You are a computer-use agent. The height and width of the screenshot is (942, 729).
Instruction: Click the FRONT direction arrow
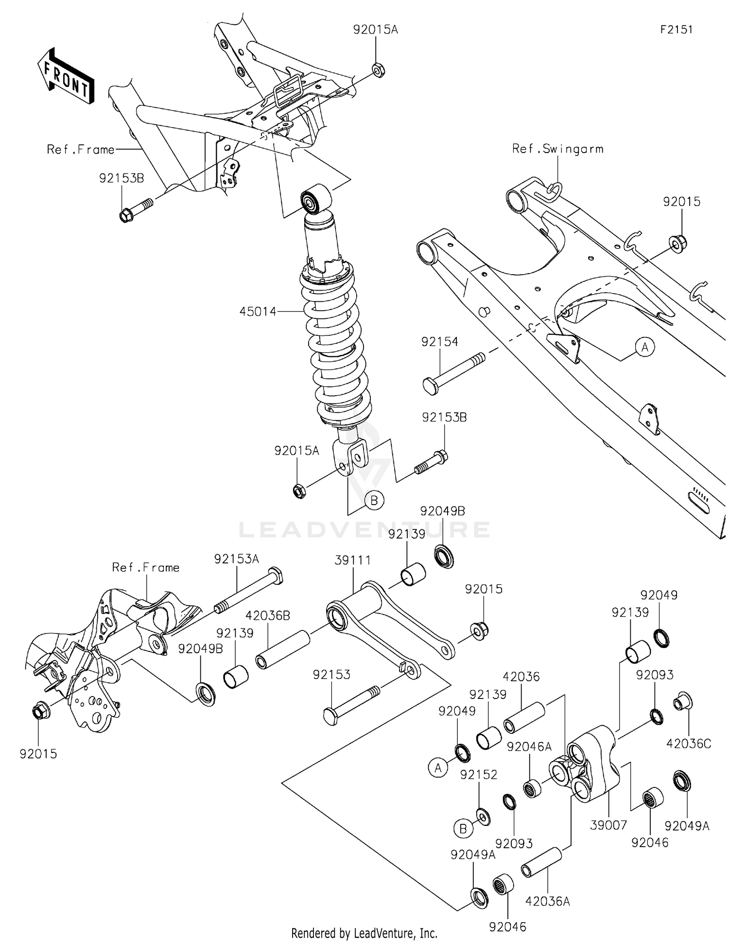pos(66,76)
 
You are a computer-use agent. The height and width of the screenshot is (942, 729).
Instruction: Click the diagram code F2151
pos(676,30)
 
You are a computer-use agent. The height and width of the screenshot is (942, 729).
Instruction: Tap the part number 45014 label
pos(258,312)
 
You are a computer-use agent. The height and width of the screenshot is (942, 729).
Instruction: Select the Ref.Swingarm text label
pos(557,149)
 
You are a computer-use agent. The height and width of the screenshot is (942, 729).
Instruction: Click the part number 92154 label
pos(439,342)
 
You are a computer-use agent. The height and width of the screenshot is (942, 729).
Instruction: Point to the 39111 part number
pos(352,560)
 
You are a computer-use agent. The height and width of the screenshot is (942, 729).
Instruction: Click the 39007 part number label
pos(608,825)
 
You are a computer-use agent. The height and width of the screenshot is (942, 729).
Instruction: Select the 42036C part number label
pos(688,744)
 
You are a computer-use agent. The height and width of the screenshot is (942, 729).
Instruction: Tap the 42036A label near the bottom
pos(547,902)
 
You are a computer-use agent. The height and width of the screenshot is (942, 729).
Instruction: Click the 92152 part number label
pos(479,775)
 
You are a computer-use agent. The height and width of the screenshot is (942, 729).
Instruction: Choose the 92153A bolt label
pos(237,559)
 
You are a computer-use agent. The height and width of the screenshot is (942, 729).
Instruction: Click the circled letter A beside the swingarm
pos(645,347)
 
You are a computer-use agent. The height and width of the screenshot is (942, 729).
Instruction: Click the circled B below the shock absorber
pos(374,500)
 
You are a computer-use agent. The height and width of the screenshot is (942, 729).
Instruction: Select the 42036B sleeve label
pos(268,616)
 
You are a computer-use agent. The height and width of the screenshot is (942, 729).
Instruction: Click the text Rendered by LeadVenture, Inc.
pos(364,933)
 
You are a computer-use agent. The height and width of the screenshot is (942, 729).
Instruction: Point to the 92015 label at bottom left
pos(38,754)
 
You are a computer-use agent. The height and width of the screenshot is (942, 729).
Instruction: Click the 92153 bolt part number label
pos(331,675)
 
